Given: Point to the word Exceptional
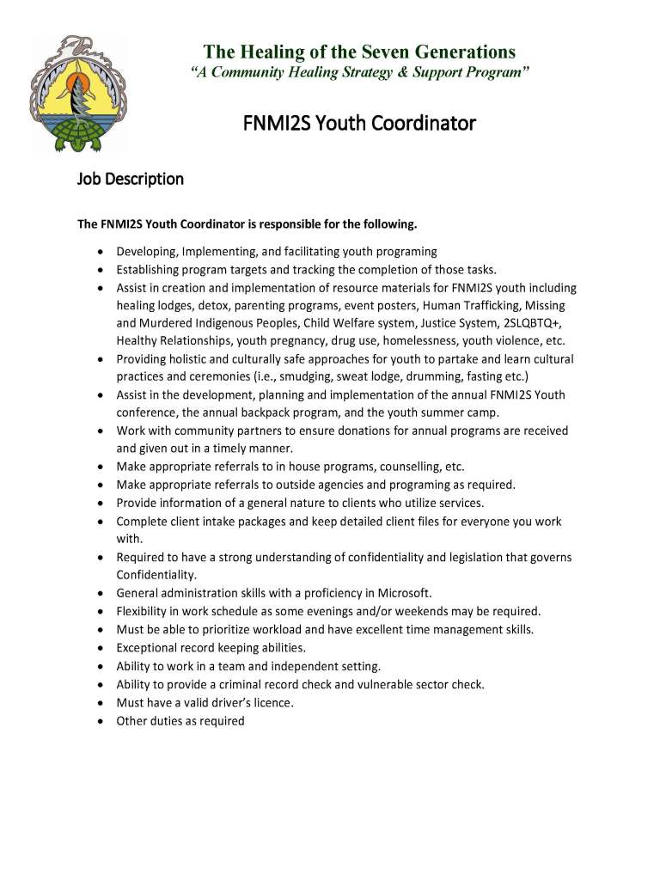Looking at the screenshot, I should [x=149, y=647].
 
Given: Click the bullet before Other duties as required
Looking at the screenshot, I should [x=101, y=721].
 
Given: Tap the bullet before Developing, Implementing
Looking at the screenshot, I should [x=101, y=252].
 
